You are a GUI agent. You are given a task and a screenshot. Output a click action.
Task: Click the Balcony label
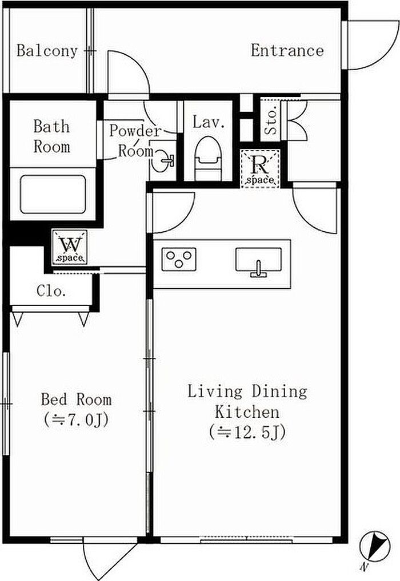[47, 51]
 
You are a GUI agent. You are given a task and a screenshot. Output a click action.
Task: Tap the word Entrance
[287, 51]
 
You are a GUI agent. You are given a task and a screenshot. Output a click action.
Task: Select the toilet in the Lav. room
[208, 159]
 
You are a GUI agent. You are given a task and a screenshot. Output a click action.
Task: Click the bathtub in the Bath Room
[53, 194]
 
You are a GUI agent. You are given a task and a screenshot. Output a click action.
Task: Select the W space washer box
[70, 247]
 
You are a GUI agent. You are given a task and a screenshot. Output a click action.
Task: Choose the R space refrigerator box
[261, 168]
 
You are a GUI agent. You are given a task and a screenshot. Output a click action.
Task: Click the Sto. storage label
[271, 121]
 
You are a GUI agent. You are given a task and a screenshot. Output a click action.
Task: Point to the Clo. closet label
[51, 291]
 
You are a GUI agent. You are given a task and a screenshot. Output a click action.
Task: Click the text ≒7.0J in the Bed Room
[76, 420]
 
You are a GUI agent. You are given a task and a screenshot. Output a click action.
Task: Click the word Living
[214, 392]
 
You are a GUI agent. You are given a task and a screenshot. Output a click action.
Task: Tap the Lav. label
[209, 122]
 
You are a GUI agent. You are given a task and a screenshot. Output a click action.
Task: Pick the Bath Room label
[51, 137]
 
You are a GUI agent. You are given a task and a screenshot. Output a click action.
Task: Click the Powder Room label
[135, 141]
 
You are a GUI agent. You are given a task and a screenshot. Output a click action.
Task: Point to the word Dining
[280, 392]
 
